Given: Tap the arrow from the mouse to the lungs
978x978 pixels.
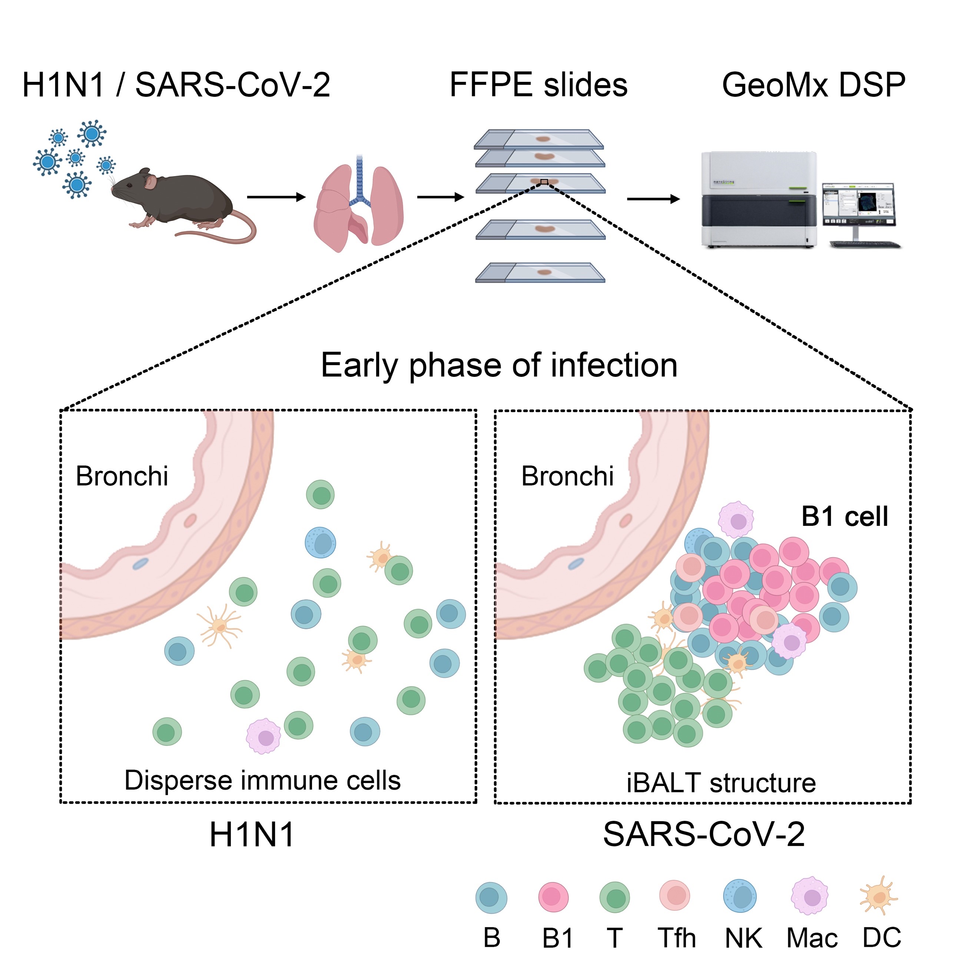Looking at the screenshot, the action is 276,197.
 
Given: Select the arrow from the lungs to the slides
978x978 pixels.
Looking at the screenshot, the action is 440,197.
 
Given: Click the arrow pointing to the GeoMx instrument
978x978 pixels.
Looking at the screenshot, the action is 653,199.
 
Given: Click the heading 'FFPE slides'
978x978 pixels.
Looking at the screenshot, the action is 538,84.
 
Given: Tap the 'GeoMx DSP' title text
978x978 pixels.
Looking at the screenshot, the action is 813,84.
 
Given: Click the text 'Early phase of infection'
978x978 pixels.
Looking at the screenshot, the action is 499,365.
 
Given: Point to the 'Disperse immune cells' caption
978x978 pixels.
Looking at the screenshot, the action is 262,780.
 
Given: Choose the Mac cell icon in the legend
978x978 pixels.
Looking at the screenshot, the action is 810,896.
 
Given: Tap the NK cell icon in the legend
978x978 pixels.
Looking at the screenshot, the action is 740,896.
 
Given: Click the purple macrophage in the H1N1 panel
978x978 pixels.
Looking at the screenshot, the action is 264,736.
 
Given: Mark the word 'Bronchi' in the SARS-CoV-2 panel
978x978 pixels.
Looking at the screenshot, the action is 567,476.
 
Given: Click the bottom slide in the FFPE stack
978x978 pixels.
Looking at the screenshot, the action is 540,272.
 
